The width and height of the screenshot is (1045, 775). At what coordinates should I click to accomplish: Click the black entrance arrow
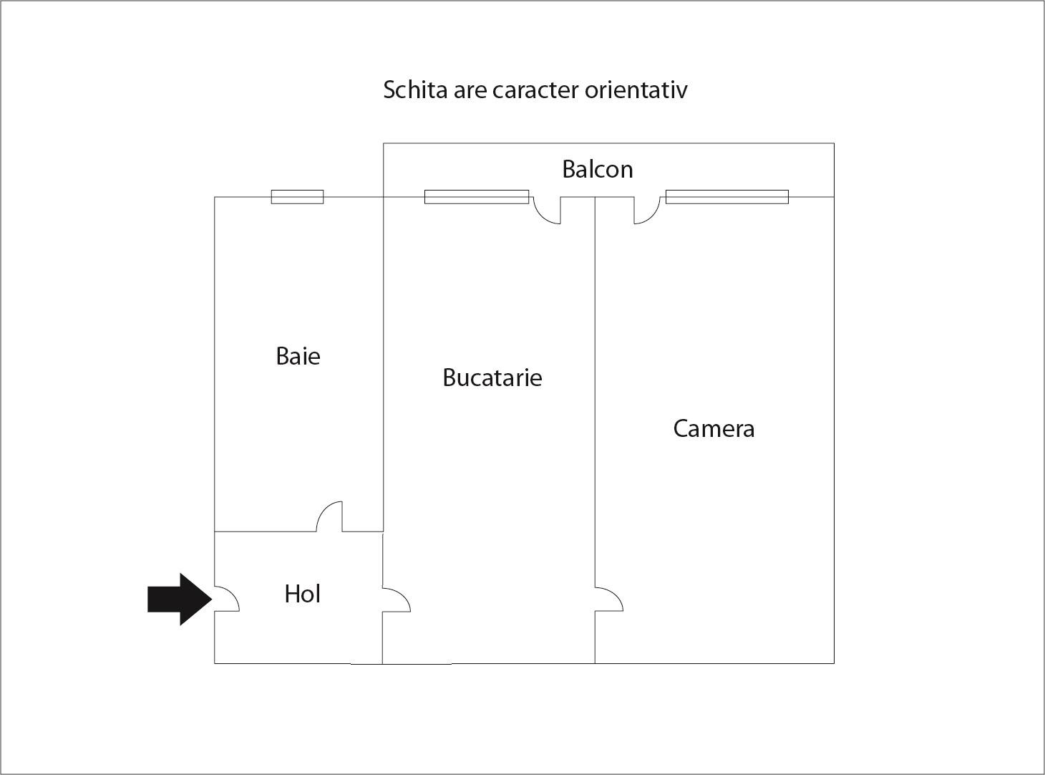[x=180, y=599]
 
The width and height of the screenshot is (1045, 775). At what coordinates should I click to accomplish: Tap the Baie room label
[x=298, y=356]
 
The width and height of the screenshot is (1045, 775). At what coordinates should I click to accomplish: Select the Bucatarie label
[x=492, y=377]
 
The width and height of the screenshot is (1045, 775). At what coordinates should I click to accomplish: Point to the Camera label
[x=714, y=429]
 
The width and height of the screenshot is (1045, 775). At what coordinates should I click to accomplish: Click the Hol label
[x=303, y=593]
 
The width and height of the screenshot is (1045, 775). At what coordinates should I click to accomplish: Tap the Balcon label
[x=598, y=169]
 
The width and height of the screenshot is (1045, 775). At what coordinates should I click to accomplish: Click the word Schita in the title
[x=415, y=90]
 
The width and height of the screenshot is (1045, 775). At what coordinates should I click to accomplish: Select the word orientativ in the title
[x=636, y=90]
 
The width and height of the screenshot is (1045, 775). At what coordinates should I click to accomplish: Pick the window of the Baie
[x=297, y=197]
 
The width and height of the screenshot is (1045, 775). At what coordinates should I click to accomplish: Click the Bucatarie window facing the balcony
[x=476, y=197]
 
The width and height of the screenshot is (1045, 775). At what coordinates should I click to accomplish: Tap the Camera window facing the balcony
[x=727, y=197]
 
